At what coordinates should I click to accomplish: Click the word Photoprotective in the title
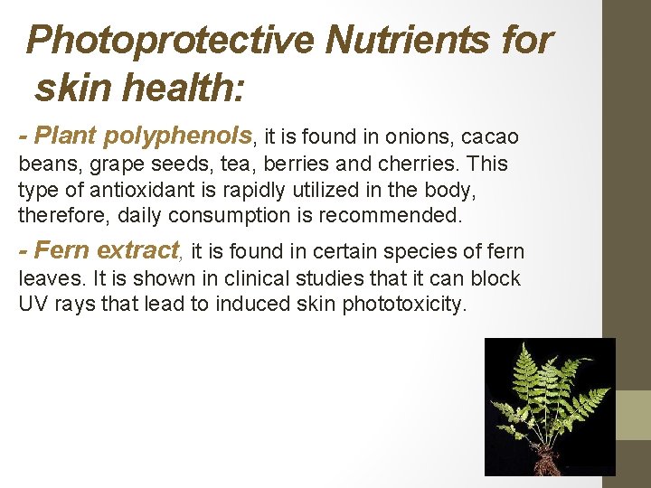point(170,41)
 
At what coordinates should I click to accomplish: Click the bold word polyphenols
point(178,136)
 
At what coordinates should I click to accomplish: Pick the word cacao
point(490,137)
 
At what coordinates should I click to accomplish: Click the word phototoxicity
point(404,304)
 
